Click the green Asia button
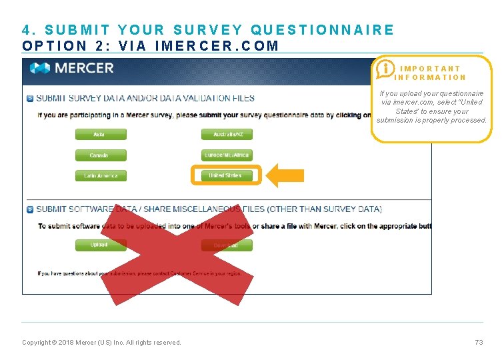[100, 135]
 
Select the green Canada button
[100, 155]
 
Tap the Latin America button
[100, 176]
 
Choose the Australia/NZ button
[227, 135]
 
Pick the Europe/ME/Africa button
[227, 155]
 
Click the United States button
[225, 176]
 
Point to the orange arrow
[285, 176]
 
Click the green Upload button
[100, 245]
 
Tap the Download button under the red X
[227, 245]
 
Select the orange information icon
[385, 69]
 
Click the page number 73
[479, 343]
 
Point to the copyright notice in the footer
[101, 343]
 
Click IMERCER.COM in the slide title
[216, 46]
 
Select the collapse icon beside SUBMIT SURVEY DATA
[29, 99]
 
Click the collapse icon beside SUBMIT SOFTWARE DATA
[29, 209]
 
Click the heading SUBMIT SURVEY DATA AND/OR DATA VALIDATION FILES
[145, 99]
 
